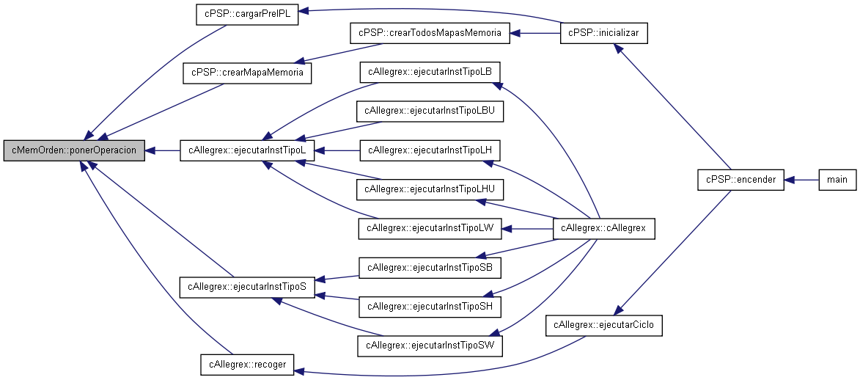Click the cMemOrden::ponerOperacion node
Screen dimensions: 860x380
74,150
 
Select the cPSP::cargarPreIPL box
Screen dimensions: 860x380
247,14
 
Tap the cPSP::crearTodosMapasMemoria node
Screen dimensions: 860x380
430,33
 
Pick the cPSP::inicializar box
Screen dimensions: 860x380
604,33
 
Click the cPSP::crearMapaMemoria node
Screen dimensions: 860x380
247,73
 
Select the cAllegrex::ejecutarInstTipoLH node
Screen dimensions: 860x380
430,150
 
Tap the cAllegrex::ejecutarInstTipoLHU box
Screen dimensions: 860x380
430,189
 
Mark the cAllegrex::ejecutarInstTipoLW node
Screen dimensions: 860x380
430,228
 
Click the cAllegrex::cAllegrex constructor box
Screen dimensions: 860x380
604,228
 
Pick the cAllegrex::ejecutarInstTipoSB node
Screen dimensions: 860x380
430,268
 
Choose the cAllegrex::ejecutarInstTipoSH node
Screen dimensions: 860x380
430,307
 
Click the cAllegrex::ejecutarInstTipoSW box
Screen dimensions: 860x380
430,346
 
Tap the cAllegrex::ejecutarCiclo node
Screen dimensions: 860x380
604,326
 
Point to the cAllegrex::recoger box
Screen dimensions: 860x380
247,365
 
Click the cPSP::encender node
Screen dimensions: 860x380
740,180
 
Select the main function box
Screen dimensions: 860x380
837,180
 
